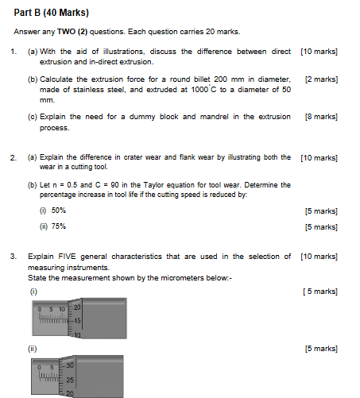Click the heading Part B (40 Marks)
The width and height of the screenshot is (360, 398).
pos(51,13)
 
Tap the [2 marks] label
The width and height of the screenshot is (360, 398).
pos(321,80)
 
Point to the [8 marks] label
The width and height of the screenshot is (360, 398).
pos(321,116)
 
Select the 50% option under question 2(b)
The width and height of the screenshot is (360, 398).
pos(58,211)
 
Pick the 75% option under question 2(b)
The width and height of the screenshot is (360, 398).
pos(58,226)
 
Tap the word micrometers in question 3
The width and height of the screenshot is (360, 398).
pos(177,277)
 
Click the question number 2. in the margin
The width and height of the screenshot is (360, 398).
pos(14,157)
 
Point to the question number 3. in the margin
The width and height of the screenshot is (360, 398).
pos(14,256)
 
